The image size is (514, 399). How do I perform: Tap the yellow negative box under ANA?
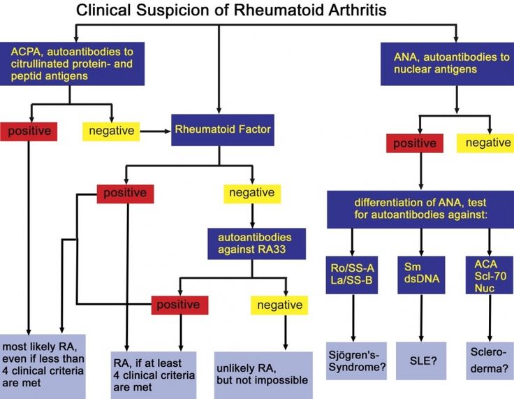pyautogui.click(x=487, y=143)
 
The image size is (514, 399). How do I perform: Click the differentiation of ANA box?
pyautogui.click(x=418, y=208)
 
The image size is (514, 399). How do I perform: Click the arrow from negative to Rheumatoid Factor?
pyautogui.click(x=154, y=130)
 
